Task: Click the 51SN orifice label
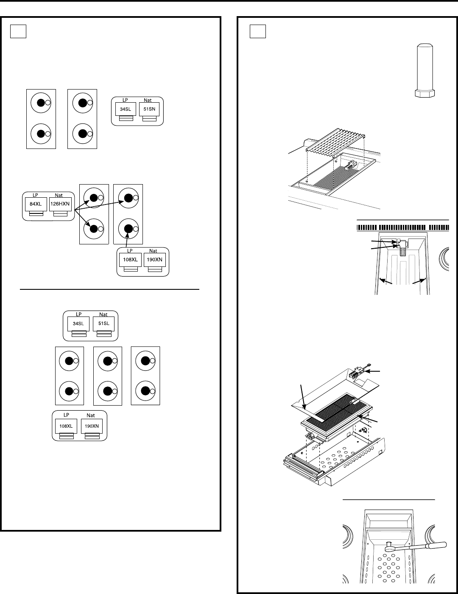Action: (x=149, y=109)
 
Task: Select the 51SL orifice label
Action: (x=104, y=323)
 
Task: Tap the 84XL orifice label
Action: (x=36, y=204)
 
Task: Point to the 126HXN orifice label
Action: (x=60, y=204)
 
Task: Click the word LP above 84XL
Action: (x=35, y=195)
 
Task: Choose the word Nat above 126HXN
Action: (x=59, y=195)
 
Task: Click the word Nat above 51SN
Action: (x=148, y=100)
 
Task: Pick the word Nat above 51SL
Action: (x=103, y=314)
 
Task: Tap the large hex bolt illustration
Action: (x=424, y=70)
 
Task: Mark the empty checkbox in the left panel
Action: (x=18, y=31)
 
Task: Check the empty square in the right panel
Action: (x=258, y=31)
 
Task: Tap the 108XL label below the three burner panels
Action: (x=66, y=426)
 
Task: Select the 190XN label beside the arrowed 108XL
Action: (x=155, y=260)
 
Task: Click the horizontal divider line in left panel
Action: (x=109, y=289)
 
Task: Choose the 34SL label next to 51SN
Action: (x=126, y=109)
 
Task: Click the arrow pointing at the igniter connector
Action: (x=372, y=371)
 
